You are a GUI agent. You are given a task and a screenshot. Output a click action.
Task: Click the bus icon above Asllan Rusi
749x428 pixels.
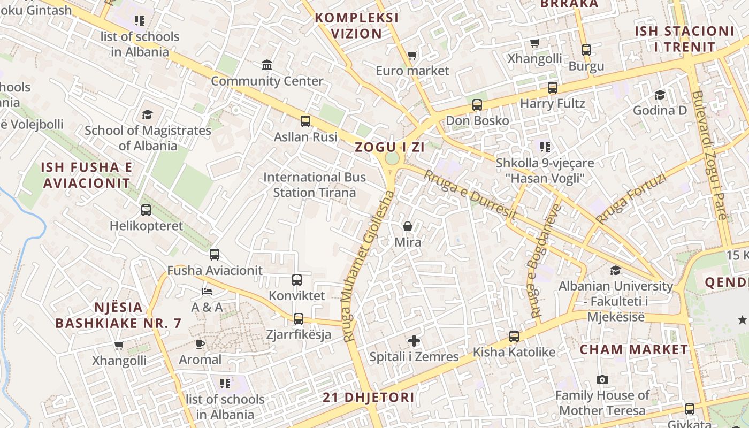pyautogui.click(x=305, y=121)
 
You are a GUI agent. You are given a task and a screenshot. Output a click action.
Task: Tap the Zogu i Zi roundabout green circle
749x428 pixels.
pyautogui.click(x=392, y=159)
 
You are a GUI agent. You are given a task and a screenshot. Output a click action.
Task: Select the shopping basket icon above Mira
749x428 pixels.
pyautogui.click(x=408, y=226)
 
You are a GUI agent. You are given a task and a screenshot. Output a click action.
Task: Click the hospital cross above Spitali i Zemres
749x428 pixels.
pyautogui.click(x=414, y=341)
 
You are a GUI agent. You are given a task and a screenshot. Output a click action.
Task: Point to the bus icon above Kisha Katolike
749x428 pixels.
pyautogui.click(x=514, y=337)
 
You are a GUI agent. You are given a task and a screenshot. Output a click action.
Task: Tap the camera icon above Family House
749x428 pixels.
pyautogui.click(x=602, y=380)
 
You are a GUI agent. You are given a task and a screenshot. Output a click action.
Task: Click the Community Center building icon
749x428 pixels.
pyautogui.click(x=267, y=65)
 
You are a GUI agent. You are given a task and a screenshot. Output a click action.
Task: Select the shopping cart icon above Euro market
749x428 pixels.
pyautogui.click(x=412, y=55)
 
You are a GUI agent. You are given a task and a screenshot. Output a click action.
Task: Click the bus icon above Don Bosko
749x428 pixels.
pyautogui.click(x=477, y=105)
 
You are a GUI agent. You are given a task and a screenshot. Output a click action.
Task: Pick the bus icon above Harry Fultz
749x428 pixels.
pyautogui.click(x=553, y=88)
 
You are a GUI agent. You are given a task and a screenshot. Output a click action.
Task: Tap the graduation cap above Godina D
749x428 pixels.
pyautogui.click(x=660, y=95)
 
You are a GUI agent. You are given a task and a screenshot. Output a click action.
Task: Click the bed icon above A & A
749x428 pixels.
pyautogui.click(x=207, y=292)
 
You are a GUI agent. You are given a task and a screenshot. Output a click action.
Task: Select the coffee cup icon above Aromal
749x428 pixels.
pyautogui.click(x=200, y=344)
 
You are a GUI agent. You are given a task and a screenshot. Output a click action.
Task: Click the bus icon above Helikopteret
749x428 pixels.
pyautogui.click(x=146, y=210)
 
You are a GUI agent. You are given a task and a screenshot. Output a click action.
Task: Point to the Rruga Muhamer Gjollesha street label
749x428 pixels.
pyautogui.click(x=369, y=266)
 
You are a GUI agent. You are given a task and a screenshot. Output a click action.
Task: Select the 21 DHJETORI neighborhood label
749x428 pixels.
pyautogui.click(x=369, y=398)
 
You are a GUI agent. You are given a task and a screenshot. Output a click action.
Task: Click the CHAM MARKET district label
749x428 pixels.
pyautogui.click(x=634, y=350)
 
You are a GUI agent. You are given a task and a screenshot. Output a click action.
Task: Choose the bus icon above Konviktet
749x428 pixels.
pyautogui.click(x=297, y=280)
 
